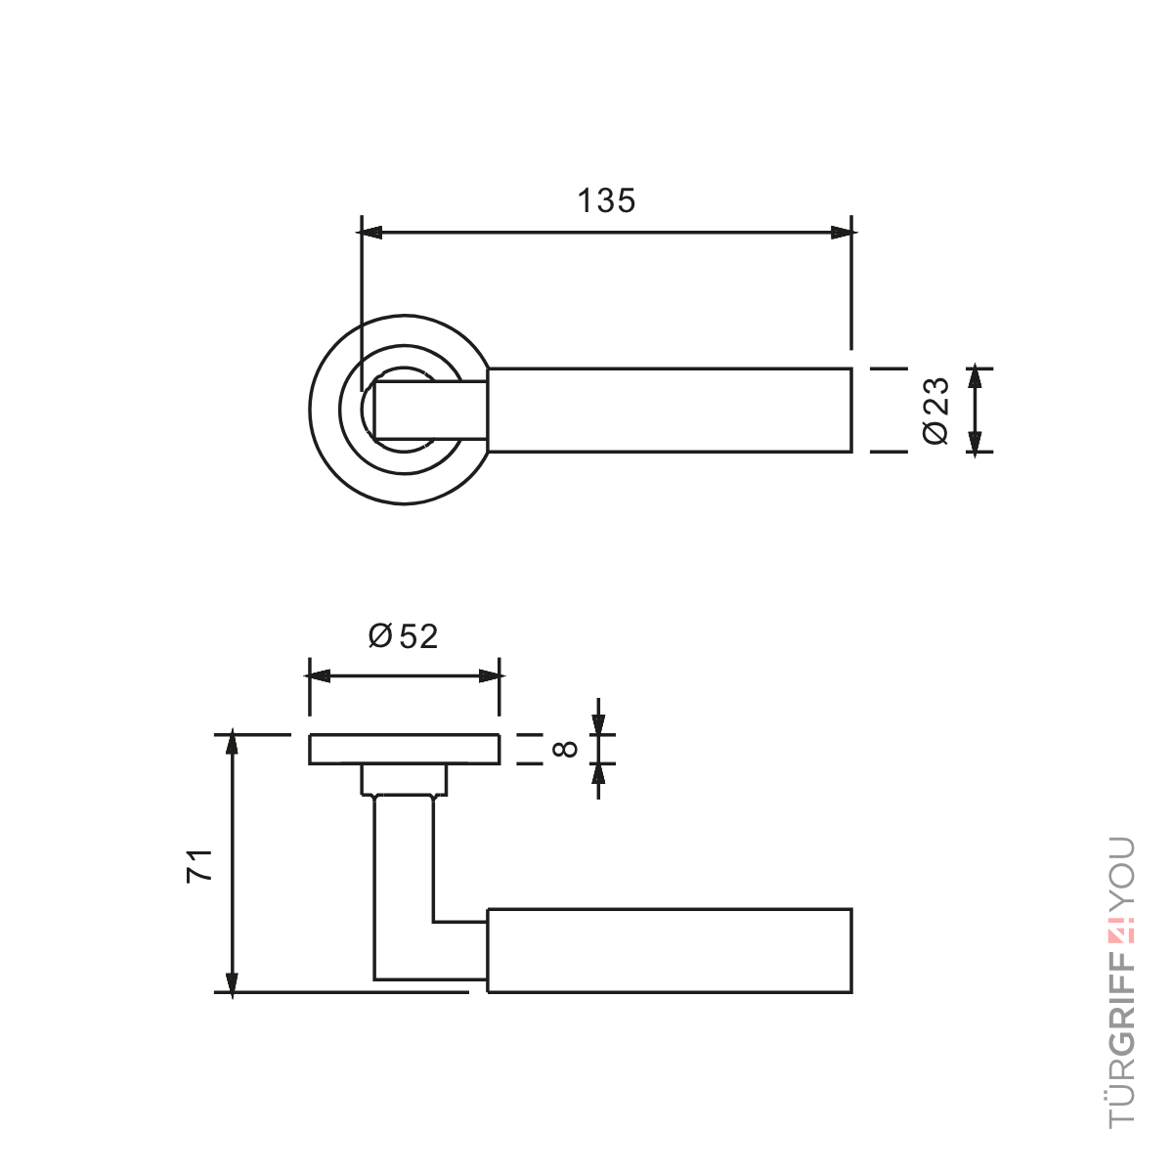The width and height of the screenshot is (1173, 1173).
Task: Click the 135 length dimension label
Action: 606,200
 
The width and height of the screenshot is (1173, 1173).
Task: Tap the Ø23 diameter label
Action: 935,411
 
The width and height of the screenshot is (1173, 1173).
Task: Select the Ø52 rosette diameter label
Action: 403,636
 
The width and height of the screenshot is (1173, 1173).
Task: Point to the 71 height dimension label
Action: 199,865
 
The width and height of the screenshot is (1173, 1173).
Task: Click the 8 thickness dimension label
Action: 565,749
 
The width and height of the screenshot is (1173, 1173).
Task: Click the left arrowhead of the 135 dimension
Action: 369,233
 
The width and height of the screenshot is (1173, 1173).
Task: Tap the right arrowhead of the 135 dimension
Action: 844,233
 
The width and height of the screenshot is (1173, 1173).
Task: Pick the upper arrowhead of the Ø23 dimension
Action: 975,376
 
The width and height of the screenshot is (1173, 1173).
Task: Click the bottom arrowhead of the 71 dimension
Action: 232,983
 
